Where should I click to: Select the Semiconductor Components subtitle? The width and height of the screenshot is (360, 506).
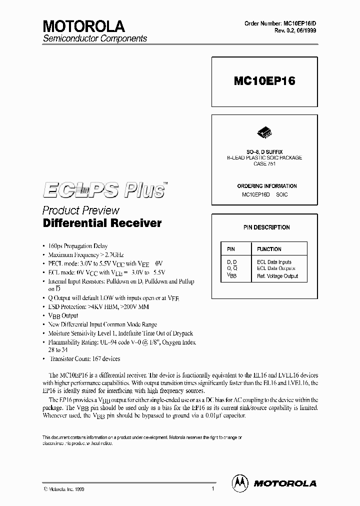pyautogui.click(x=95, y=38)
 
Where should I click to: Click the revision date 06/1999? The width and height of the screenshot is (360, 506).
pyautogui.click(x=305, y=30)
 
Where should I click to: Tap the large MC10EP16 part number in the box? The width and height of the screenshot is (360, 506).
pyautogui.click(x=264, y=82)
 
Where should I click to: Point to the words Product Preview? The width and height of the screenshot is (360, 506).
pyautogui.click(x=81, y=210)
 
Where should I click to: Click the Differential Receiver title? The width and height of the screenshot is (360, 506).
pyautogui.click(x=102, y=223)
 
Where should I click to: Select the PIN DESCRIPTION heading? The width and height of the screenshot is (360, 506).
pyautogui.click(x=266, y=227)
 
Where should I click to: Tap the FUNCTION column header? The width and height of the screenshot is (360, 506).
pyautogui.click(x=269, y=249)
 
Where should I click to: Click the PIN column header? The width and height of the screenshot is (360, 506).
pyautogui.click(x=230, y=249)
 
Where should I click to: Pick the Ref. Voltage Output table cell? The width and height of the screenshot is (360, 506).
pyautogui.click(x=277, y=276)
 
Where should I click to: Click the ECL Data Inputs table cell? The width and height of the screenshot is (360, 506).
pyautogui.click(x=274, y=262)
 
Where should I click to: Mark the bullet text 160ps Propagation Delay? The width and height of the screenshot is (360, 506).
pyautogui.click(x=78, y=246)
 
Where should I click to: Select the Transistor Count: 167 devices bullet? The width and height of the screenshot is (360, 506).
pyautogui.click(x=84, y=358)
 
